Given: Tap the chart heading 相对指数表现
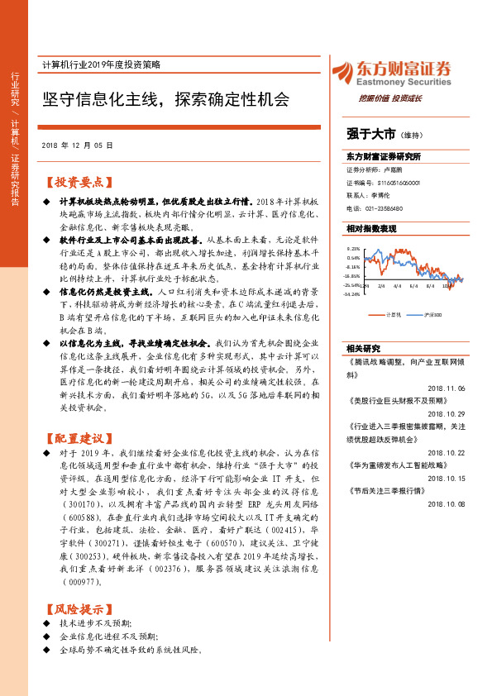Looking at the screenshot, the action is click(x=371, y=228).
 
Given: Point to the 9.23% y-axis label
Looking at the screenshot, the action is click(x=353, y=249).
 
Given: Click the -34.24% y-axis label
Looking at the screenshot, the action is click(x=352, y=294).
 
